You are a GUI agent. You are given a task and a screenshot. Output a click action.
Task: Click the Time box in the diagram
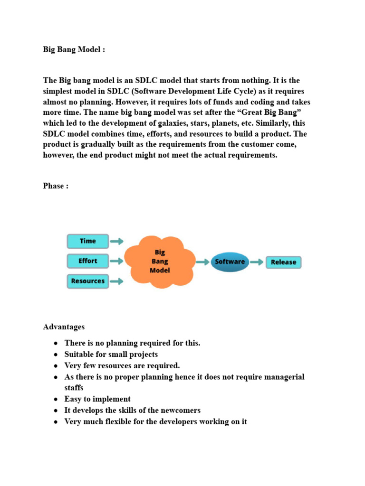(88, 241)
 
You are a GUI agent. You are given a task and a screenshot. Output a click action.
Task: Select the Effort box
(88, 261)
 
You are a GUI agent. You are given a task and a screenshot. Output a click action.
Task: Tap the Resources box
(88, 281)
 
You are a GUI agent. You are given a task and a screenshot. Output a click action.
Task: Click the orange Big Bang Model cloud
(160, 262)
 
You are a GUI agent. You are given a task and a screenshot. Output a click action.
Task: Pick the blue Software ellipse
(230, 262)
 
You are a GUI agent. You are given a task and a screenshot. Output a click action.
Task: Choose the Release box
(283, 262)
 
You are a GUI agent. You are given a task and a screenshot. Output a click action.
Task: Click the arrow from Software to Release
(257, 262)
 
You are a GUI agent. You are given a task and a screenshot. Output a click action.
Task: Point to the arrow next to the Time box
(116, 241)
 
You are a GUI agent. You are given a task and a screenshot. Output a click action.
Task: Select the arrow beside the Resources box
(116, 281)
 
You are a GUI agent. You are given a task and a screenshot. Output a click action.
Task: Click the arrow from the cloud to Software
(203, 262)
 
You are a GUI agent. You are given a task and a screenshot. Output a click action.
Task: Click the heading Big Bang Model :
(74, 50)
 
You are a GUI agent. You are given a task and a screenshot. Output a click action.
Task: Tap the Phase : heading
(56, 186)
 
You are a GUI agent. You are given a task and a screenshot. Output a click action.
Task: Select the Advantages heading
(64, 327)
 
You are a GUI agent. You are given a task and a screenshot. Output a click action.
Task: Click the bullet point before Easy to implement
(56, 400)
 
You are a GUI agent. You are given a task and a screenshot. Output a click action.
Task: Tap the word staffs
(74, 388)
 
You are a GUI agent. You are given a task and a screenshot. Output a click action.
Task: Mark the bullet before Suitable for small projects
(56, 355)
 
